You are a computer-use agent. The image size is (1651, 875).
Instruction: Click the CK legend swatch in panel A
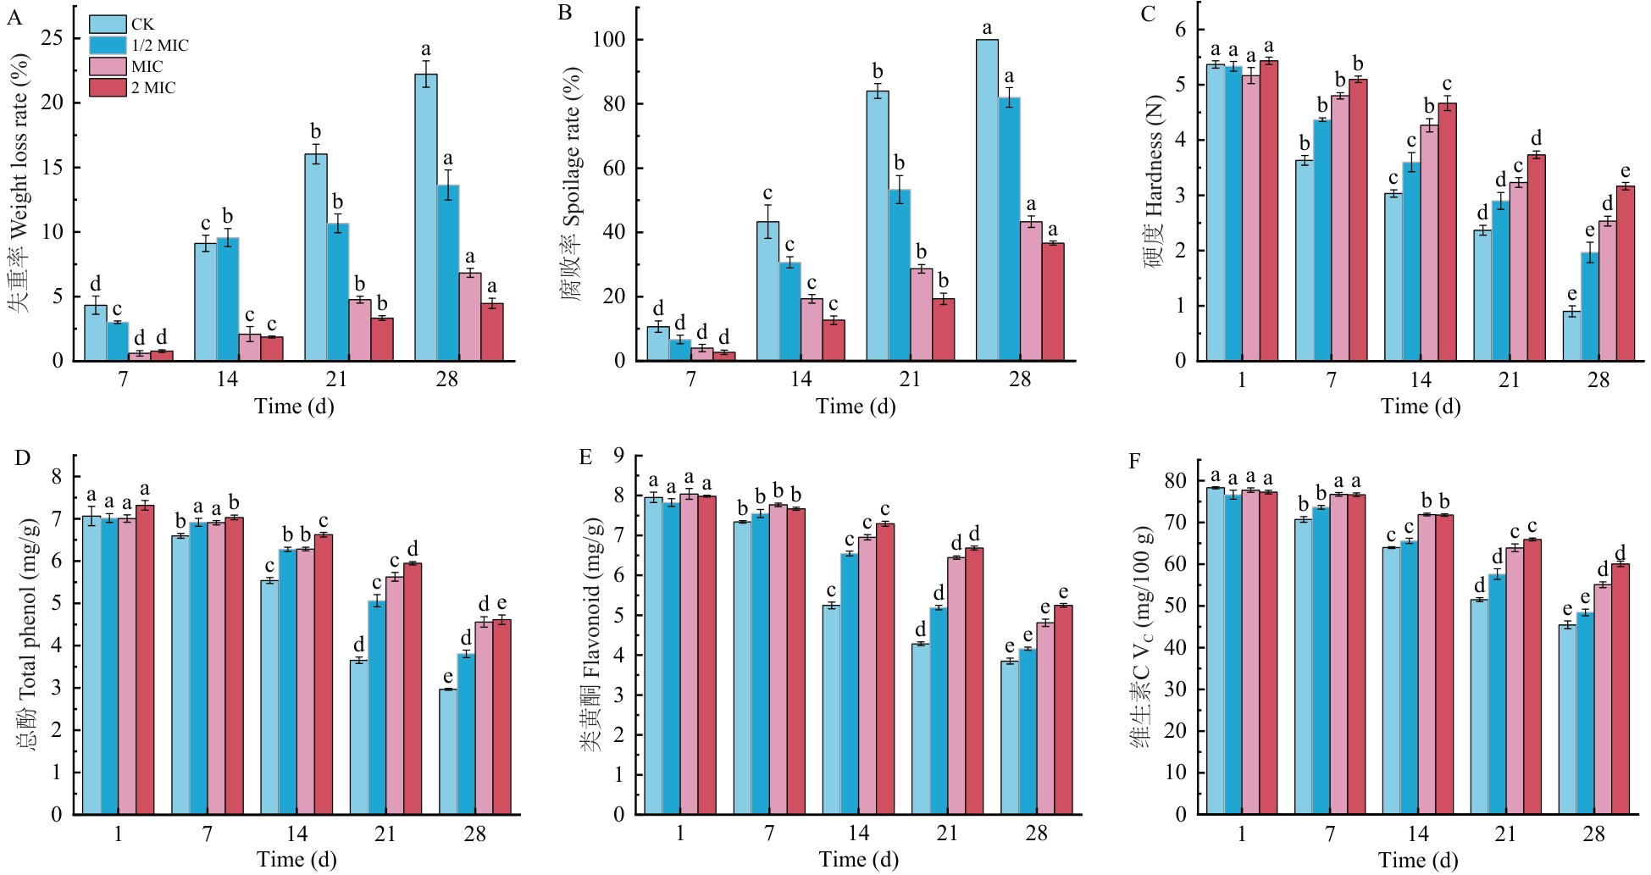click(x=108, y=25)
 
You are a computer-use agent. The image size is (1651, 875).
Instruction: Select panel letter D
click(x=23, y=459)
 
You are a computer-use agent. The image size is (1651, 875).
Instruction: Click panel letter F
click(x=1135, y=462)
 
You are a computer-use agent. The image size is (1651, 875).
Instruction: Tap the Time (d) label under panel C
click(x=1421, y=407)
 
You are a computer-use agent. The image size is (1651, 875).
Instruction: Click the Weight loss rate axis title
click(x=19, y=182)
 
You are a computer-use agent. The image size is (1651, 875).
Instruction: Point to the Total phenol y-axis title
click(x=27, y=631)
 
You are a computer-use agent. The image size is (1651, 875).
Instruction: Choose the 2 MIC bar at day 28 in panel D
click(x=501, y=717)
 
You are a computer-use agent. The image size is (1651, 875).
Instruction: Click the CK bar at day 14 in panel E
click(x=831, y=710)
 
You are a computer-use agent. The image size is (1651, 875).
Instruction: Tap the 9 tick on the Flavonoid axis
click(x=619, y=456)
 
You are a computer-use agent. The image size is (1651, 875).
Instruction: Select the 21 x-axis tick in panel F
click(x=1505, y=834)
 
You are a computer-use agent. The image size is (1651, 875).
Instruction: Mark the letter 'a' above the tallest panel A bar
click(x=426, y=49)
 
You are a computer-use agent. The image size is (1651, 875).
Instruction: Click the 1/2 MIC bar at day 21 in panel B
click(x=900, y=274)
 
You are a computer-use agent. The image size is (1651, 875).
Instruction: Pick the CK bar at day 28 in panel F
click(x=1567, y=720)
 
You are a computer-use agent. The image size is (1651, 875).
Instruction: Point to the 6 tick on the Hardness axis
click(x=1180, y=30)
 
